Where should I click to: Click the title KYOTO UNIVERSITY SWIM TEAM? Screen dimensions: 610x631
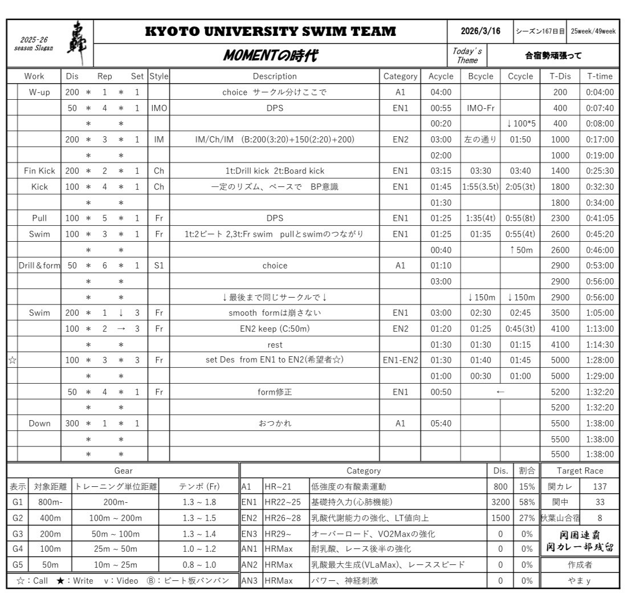pos(271,32)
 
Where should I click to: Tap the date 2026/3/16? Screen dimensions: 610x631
pos(480,31)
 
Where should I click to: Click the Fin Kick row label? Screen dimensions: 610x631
pos(39,170)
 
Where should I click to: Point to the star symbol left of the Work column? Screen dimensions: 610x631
pos(12,360)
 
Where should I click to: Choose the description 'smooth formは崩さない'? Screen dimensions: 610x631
pos(275,313)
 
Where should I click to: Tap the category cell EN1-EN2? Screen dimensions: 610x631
pos(400,360)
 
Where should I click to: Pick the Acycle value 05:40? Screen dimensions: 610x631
pos(441,424)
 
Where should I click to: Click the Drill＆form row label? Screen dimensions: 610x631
pos(39,266)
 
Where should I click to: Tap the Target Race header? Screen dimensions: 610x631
pos(580,471)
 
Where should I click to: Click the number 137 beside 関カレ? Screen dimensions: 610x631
pos(600,487)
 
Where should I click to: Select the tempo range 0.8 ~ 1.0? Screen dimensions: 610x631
pos(198,565)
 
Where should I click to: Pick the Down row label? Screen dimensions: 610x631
pos(39,424)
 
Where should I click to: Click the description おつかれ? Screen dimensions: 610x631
pos(275,424)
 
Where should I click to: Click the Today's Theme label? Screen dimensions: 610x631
pos(467,56)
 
